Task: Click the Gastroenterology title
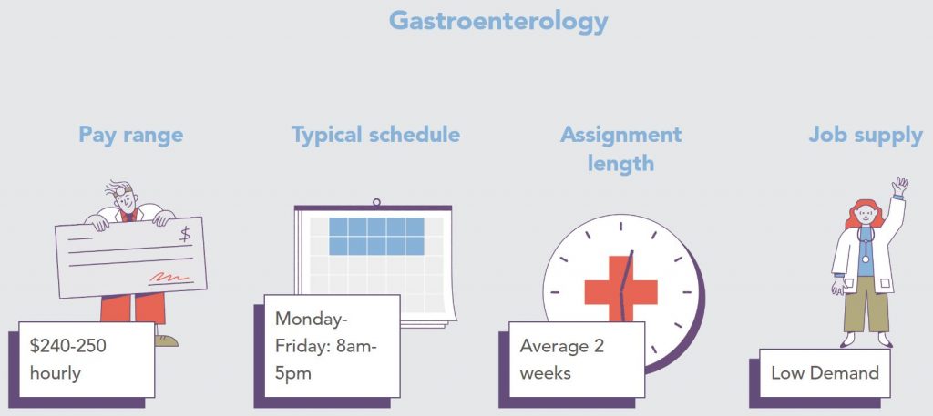click(498, 22)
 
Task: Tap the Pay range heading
click(131, 135)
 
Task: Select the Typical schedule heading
click(375, 135)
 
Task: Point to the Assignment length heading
click(620, 148)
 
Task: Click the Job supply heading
click(866, 136)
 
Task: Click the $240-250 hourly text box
click(87, 360)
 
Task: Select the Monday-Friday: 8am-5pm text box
click(332, 345)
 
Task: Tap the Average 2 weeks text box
click(577, 360)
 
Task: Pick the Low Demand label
click(825, 373)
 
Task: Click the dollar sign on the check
click(185, 234)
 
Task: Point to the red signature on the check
click(169, 277)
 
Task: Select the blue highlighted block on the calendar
click(376, 236)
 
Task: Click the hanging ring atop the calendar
click(376, 203)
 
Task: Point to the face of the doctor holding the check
click(126, 201)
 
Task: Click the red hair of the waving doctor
click(862, 213)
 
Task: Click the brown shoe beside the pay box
click(166, 340)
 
